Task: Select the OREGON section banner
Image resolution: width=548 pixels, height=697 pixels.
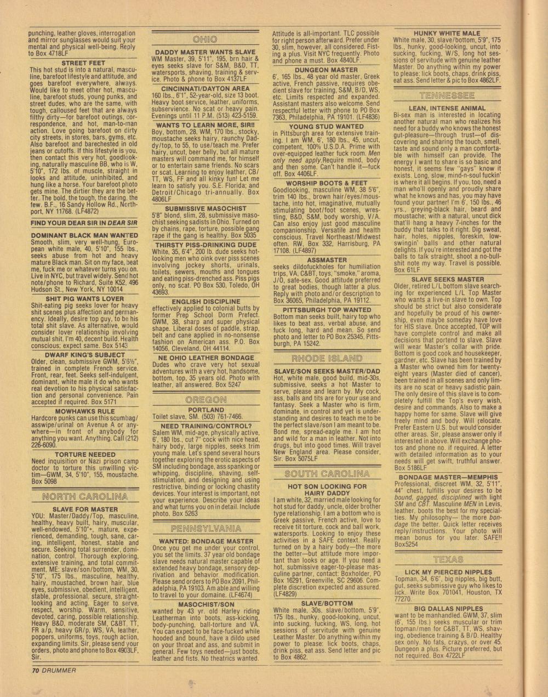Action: [x=206, y=400]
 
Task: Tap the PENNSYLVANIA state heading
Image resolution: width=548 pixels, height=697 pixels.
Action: [x=206, y=529]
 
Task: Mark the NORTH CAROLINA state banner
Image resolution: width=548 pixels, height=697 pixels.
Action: [x=81, y=497]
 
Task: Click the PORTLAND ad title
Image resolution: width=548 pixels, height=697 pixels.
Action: [x=206, y=410]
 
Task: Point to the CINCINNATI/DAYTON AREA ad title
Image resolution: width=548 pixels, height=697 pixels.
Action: [x=206, y=88]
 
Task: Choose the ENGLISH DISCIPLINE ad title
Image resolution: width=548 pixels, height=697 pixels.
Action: [x=206, y=302]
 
